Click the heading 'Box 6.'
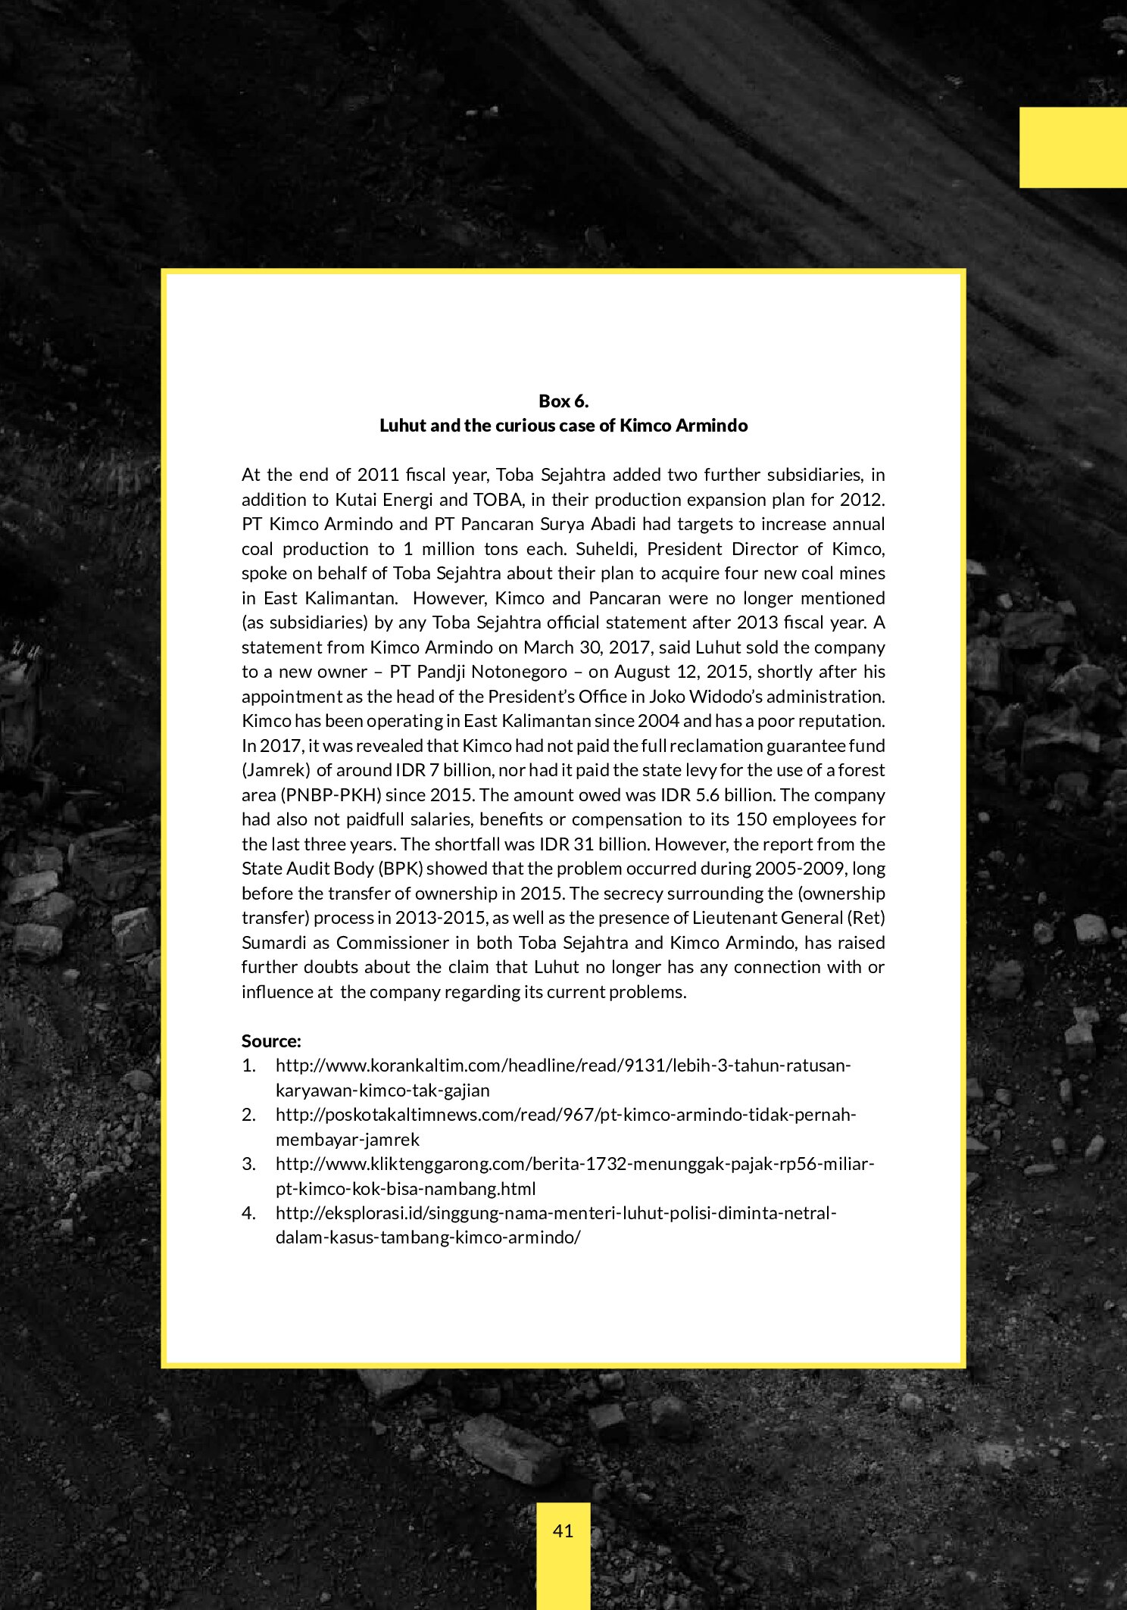[x=563, y=401]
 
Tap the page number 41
[x=563, y=1530]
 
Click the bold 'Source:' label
[x=271, y=1041]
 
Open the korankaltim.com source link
[x=563, y=1066]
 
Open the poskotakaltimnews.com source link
[x=565, y=1115]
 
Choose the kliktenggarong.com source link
[x=575, y=1164]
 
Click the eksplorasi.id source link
[x=555, y=1213]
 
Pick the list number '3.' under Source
[x=249, y=1164]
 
